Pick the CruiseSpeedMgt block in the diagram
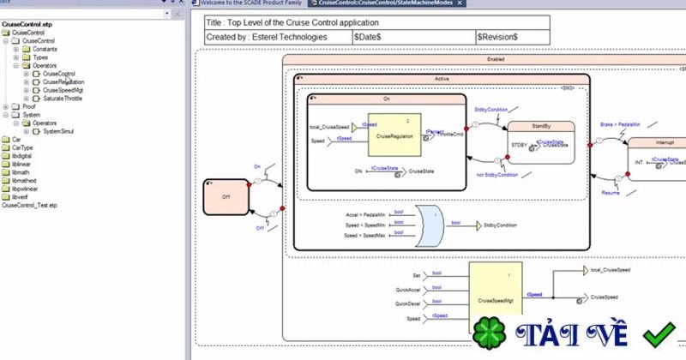(495, 299)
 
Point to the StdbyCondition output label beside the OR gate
(501, 225)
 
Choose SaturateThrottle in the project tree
(63, 99)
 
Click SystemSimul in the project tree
(63, 131)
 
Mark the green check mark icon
(661, 335)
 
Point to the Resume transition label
(610, 194)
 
